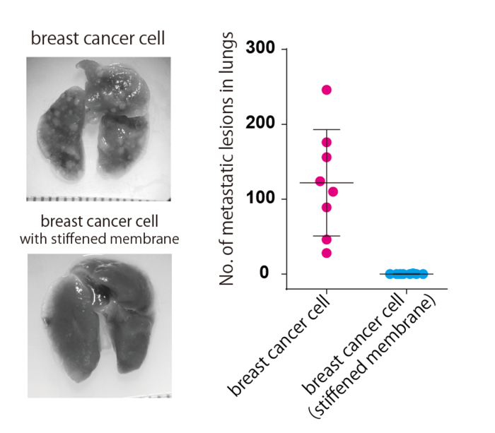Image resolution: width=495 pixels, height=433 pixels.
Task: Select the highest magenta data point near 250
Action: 326,90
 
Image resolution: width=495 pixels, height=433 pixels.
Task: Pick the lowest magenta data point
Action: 326,253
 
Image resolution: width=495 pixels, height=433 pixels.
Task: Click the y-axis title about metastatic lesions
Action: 227,161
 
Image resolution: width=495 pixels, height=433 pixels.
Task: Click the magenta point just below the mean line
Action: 333,191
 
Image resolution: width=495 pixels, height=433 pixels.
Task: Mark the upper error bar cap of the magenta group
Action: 326,130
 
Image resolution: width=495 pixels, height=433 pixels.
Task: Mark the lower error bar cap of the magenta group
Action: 326,236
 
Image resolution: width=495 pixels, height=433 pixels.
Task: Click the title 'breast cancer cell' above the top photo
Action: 98,38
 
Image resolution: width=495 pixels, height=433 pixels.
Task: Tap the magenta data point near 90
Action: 326,207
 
